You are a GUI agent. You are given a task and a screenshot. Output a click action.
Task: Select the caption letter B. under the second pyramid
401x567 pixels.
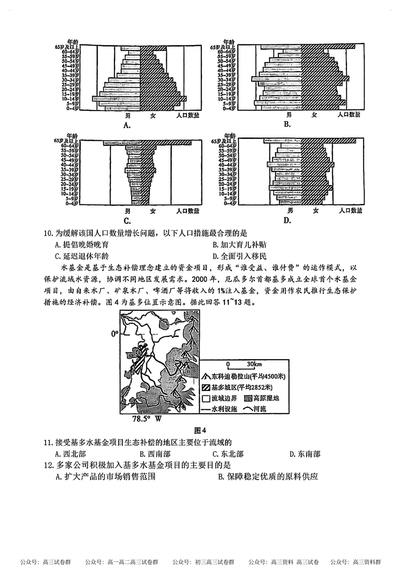click(287, 124)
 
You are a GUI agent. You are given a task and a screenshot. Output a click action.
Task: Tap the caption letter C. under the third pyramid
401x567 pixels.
click(126, 220)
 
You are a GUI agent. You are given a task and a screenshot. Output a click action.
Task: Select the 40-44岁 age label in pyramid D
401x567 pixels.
click(226, 165)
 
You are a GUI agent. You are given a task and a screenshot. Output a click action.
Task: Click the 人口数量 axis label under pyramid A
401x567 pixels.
click(187, 115)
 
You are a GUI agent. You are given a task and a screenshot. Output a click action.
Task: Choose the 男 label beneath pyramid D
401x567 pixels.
click(290, 211)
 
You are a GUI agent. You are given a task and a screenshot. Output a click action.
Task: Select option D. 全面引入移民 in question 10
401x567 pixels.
click(239, 256)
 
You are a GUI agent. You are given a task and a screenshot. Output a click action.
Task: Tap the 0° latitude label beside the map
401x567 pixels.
click(114, 334)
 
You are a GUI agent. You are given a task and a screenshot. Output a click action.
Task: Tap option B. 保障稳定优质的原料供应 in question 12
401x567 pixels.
click(268, 477)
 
